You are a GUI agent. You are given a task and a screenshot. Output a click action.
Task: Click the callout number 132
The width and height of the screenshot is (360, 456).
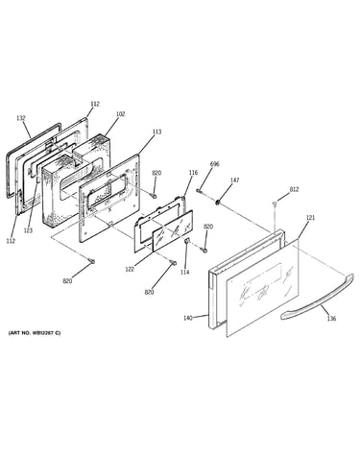(21, 118)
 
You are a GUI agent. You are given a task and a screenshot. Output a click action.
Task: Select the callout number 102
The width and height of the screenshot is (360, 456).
(121, 114)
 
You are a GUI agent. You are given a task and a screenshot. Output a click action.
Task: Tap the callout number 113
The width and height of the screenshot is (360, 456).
(156, 132)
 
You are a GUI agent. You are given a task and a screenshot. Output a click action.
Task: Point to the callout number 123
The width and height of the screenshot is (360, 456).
(28, 230)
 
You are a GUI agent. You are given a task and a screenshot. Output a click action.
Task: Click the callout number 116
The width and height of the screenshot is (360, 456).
(193, 173)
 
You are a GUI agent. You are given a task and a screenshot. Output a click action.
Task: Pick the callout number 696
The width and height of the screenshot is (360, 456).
(215, 164)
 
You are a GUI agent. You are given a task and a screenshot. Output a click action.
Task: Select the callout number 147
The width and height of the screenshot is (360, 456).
(234, 180)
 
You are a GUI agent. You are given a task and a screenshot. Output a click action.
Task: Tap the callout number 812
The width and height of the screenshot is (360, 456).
(294, 189)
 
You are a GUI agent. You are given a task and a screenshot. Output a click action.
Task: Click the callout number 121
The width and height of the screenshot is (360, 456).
(310, 218)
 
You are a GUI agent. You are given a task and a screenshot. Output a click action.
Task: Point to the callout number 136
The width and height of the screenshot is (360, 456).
(332, 319)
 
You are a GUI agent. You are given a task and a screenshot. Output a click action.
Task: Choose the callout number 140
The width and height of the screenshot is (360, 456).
(188, 318)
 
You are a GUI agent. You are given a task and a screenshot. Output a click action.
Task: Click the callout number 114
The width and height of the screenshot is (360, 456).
(184, 273)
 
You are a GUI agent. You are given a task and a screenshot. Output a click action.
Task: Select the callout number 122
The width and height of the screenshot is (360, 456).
(130, 270)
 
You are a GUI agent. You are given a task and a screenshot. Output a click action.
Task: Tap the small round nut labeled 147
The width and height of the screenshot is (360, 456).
(217, 202)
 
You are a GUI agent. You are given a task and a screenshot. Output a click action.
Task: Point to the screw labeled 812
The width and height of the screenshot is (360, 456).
(275, 204)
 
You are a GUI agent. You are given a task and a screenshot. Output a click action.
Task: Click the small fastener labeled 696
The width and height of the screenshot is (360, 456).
(199, 191)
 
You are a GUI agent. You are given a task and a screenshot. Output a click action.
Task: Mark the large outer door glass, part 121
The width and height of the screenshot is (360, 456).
(262, 288)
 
